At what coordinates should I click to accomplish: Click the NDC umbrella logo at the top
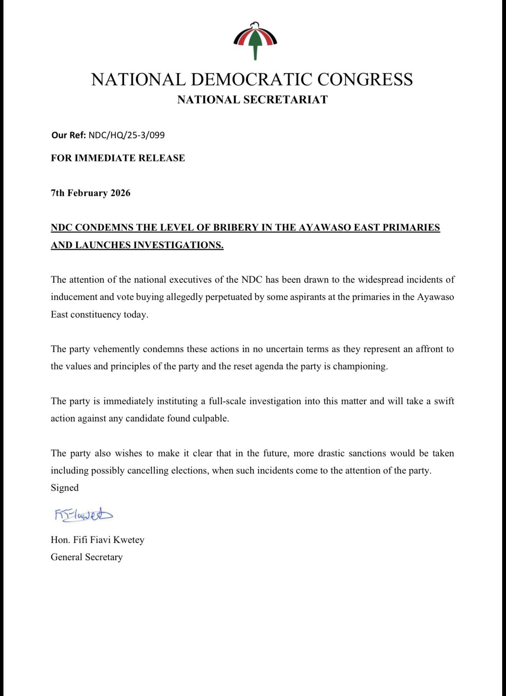click(255, 41)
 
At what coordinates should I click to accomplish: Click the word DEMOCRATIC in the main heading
click(251, 80)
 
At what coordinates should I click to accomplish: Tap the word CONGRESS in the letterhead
click(365, 80)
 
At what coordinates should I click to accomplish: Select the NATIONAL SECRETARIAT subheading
click(252, 100)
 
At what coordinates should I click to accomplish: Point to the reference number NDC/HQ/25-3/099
click(127, 135)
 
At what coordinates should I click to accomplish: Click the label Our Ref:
click(69, 135)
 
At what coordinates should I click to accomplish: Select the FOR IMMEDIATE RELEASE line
click(118, 158)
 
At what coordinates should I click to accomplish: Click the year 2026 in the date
click(120, 193)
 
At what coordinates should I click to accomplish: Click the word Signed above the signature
click(64, 488)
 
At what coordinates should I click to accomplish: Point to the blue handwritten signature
click(84, 514)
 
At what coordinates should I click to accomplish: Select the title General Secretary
click(87, 557)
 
